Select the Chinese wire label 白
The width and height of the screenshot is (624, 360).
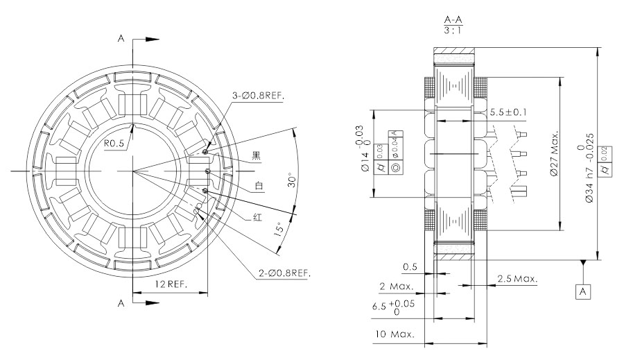tap(259, 185)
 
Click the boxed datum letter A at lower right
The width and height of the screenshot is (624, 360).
tap(584, 291)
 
